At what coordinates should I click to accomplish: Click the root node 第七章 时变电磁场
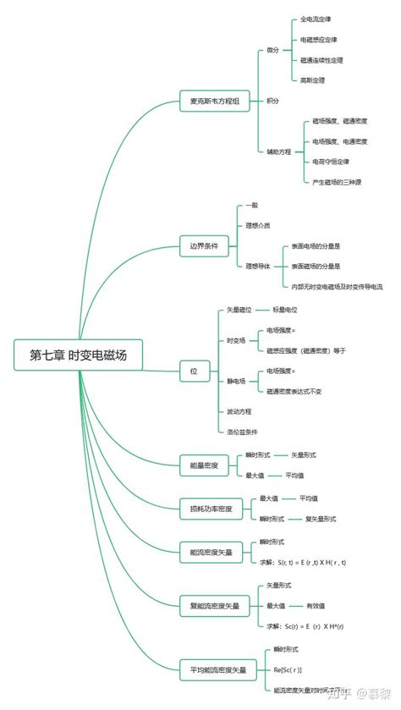click(x=79, y=355)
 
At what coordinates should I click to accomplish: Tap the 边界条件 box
click(x=204, y=247)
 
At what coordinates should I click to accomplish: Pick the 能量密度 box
click(x=204, y=465)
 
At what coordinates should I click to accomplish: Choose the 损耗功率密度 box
click(x=211, y=509)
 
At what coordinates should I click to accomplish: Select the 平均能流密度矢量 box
click(x=218, y=670)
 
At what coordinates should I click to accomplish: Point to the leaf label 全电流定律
click(x=316, y=19)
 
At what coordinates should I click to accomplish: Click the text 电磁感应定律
click(x=319, y=40)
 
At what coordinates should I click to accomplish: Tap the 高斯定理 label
click(x=312, y=80)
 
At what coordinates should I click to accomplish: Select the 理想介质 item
click(x=258, y=225)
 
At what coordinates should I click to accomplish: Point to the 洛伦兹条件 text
click(x=241, y=432)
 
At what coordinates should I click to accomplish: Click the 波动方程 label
click(x=239, y=410)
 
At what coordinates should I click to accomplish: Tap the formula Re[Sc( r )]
click(x=288, y=669)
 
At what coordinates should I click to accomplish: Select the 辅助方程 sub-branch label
click(x=278, y=151)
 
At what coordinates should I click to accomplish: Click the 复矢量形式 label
click(x=320, y=519)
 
